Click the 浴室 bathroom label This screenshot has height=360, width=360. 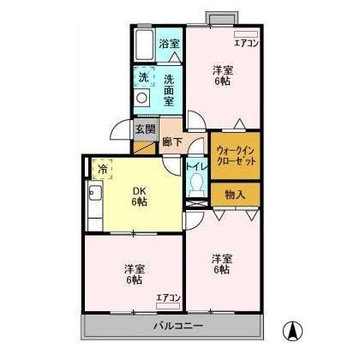point(169,44)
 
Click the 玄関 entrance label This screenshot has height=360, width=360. point(145,130)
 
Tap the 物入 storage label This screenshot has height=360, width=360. point(235,194)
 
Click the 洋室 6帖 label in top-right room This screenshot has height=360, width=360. point(222,75)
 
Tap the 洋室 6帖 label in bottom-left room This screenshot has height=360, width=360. point(135,273)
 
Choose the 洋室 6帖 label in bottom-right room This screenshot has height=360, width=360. point(222,263)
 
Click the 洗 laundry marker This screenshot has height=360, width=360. point(142,75)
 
